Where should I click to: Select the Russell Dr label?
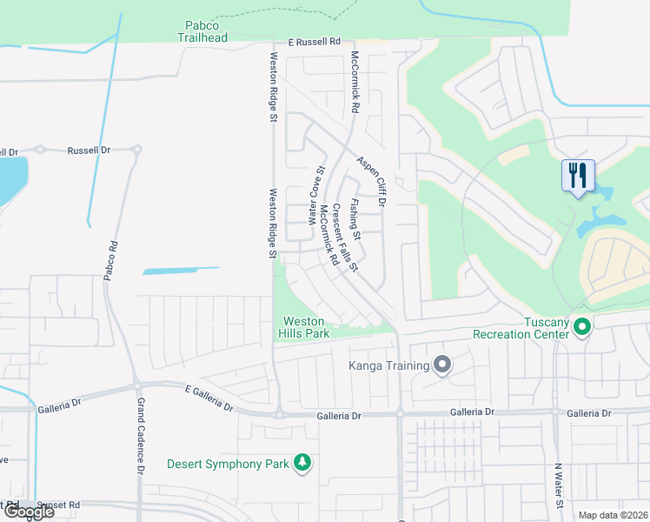pos(90,150)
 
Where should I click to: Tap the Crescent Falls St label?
pos(343,238)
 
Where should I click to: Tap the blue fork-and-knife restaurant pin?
pos(577,177)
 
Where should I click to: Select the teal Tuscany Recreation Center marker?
pos(582,328)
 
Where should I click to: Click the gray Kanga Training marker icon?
pos(442,365)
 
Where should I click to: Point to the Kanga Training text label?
pos(389,365)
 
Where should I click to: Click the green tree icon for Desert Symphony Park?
pos(302,463)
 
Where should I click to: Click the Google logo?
pos(28,512)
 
